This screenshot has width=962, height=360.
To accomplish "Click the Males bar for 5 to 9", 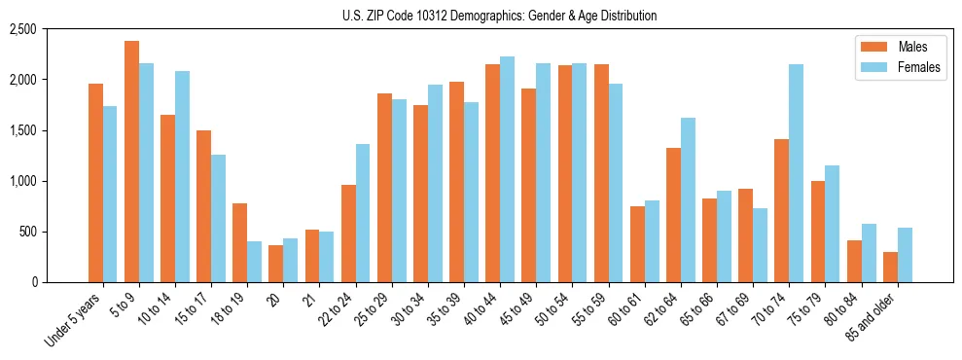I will [x=132, y=162].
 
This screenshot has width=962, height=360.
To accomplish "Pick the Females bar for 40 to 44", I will [x=508, y=169].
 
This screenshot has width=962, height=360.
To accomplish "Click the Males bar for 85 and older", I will [x=890, y=267].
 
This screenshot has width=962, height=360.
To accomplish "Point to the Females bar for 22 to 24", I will [x=363, y=213].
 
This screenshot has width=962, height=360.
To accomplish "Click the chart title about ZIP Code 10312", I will [x=499, y=16].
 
